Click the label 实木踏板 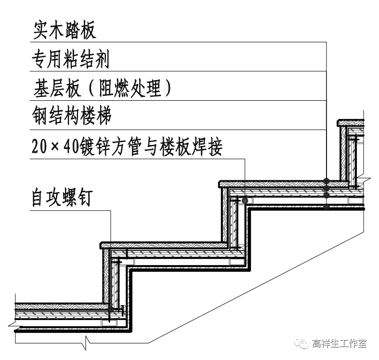tap(64, 30)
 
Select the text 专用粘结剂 tap(70, 59)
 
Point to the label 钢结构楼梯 tap(71, 116)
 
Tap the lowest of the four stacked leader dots tap(327, 207)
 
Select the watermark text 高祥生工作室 tap(339, 344)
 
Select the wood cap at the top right tap(351, 123)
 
